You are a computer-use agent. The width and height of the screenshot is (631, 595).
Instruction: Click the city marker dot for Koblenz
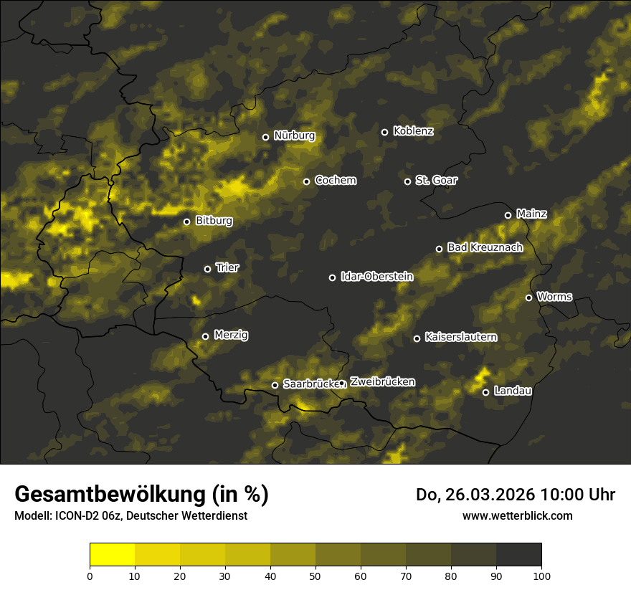(384, 132)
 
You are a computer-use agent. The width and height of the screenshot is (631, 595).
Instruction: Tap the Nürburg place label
(294, 135)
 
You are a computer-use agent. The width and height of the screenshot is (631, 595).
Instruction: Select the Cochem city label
(335, 181)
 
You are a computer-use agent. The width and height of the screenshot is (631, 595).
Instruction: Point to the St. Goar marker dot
(407, 181)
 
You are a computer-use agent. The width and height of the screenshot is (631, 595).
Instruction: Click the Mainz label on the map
(531, 214)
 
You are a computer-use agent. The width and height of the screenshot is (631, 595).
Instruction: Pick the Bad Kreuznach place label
(485, 247)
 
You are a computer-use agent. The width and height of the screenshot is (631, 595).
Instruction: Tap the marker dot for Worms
(528, 297)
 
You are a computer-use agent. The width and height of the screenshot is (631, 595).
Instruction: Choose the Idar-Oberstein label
(377, 276)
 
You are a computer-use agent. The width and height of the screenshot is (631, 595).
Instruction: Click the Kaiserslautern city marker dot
(417, 338)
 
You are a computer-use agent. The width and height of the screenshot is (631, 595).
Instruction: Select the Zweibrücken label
(382, 382)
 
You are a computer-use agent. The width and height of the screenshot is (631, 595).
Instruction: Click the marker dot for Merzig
(205, 336)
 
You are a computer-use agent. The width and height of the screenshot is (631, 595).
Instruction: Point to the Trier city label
(227, 267)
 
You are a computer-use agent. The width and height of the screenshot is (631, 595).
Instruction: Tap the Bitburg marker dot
(186, 222)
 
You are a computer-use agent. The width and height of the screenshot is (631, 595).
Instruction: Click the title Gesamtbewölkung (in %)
(141, 495)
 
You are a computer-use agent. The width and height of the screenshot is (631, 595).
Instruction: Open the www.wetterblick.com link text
(517, 515)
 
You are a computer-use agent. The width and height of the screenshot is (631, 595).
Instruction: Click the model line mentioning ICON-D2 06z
(131, 515)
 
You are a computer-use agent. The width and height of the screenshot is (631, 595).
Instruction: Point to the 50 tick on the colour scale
(315, 575)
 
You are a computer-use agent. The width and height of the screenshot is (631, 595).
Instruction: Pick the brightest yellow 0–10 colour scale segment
(112, 554)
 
